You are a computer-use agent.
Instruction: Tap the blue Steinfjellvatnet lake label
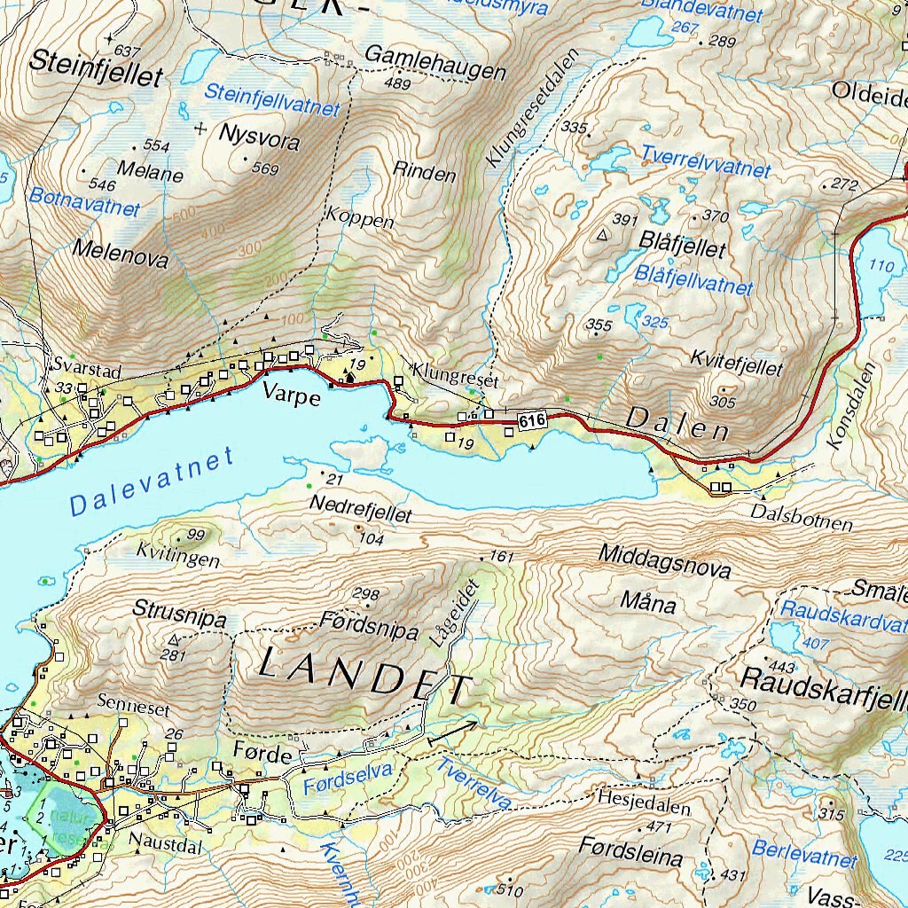pyautogui.click(x=272, y=99)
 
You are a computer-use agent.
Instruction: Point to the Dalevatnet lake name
pyautogui.click(x=152, y=482)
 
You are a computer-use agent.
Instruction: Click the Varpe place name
pyautogui.click(x=292, y=396)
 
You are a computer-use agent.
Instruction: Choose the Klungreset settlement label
pyautogui.click(x=456, y=374)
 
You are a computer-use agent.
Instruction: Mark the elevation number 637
pyautogui.click(x=128, y=51)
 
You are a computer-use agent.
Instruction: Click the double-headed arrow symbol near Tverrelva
pyautogui.click(x=452, y=732)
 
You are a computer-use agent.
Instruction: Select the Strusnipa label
pyautogui.click(x=180, y=611)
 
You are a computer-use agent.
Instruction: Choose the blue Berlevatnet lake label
pyautogui.click(x=804, y=853)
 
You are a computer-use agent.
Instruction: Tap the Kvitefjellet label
pyautogui.click(x=736, y=363)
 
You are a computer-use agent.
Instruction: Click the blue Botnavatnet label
pyautogui.click(x=84, y=201)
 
